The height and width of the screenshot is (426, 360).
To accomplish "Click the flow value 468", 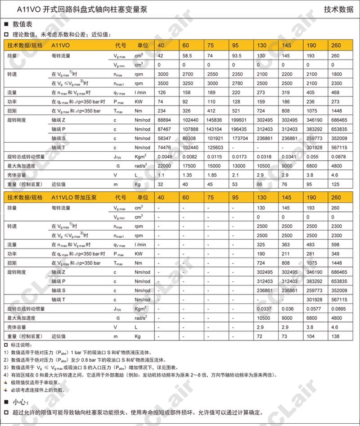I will pos(336,93).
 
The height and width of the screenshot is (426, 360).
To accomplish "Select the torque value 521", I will pos(235,111).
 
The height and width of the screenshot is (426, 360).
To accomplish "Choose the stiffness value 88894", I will pos(165,120).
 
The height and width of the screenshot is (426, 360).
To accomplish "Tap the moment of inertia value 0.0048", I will pos(165,157).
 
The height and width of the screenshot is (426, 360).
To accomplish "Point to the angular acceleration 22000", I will pos(164,166).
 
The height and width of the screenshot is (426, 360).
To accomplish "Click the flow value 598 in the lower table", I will pos(336,245).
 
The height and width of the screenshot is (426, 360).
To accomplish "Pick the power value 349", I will pos(336,254).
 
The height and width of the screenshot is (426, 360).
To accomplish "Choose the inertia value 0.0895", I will pos(338,308).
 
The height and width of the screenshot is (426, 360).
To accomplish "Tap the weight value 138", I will pos(336,336).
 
